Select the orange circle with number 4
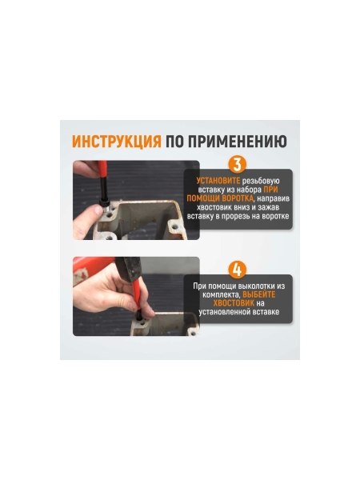[238, 270]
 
